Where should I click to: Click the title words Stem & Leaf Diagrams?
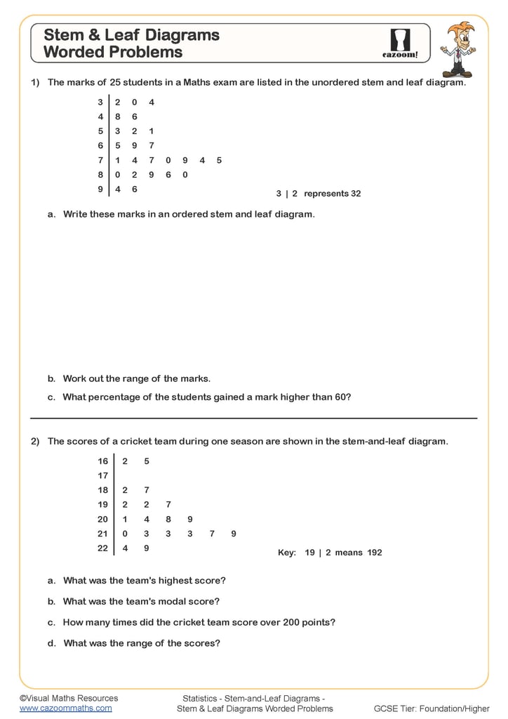coord(131,35)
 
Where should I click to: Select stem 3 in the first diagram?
coord(100,102)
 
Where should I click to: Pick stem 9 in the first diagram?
coord(100,189)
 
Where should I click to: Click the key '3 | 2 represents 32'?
coord(319,193)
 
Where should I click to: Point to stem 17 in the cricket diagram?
coord(103,475)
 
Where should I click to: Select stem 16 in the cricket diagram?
coord(103,461)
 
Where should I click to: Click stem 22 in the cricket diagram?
coord(103,548)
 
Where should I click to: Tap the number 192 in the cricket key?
coord(374,553)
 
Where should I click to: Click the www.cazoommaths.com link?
coord(65,708)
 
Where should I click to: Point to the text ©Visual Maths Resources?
coord(69,698)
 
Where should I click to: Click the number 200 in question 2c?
coord(290,622)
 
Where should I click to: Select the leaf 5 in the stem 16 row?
coord(146,461)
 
